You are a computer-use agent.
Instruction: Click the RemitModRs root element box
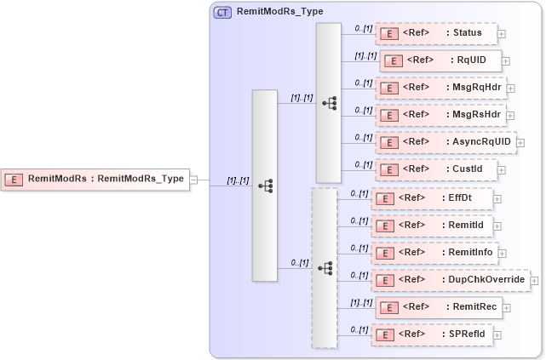point(95,180)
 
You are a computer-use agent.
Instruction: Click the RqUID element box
point(440,61)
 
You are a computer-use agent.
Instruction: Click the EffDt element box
point(432,198)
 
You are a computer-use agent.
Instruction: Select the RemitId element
point(432,226)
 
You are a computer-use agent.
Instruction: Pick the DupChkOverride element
point(450,280)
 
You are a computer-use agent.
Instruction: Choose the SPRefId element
point(432,334)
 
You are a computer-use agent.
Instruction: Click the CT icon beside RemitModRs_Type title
point(222,13)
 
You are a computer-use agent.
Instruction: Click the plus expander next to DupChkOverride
point(534,280)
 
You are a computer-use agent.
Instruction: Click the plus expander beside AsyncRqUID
point(520,142)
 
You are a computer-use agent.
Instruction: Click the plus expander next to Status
point(501,34)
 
